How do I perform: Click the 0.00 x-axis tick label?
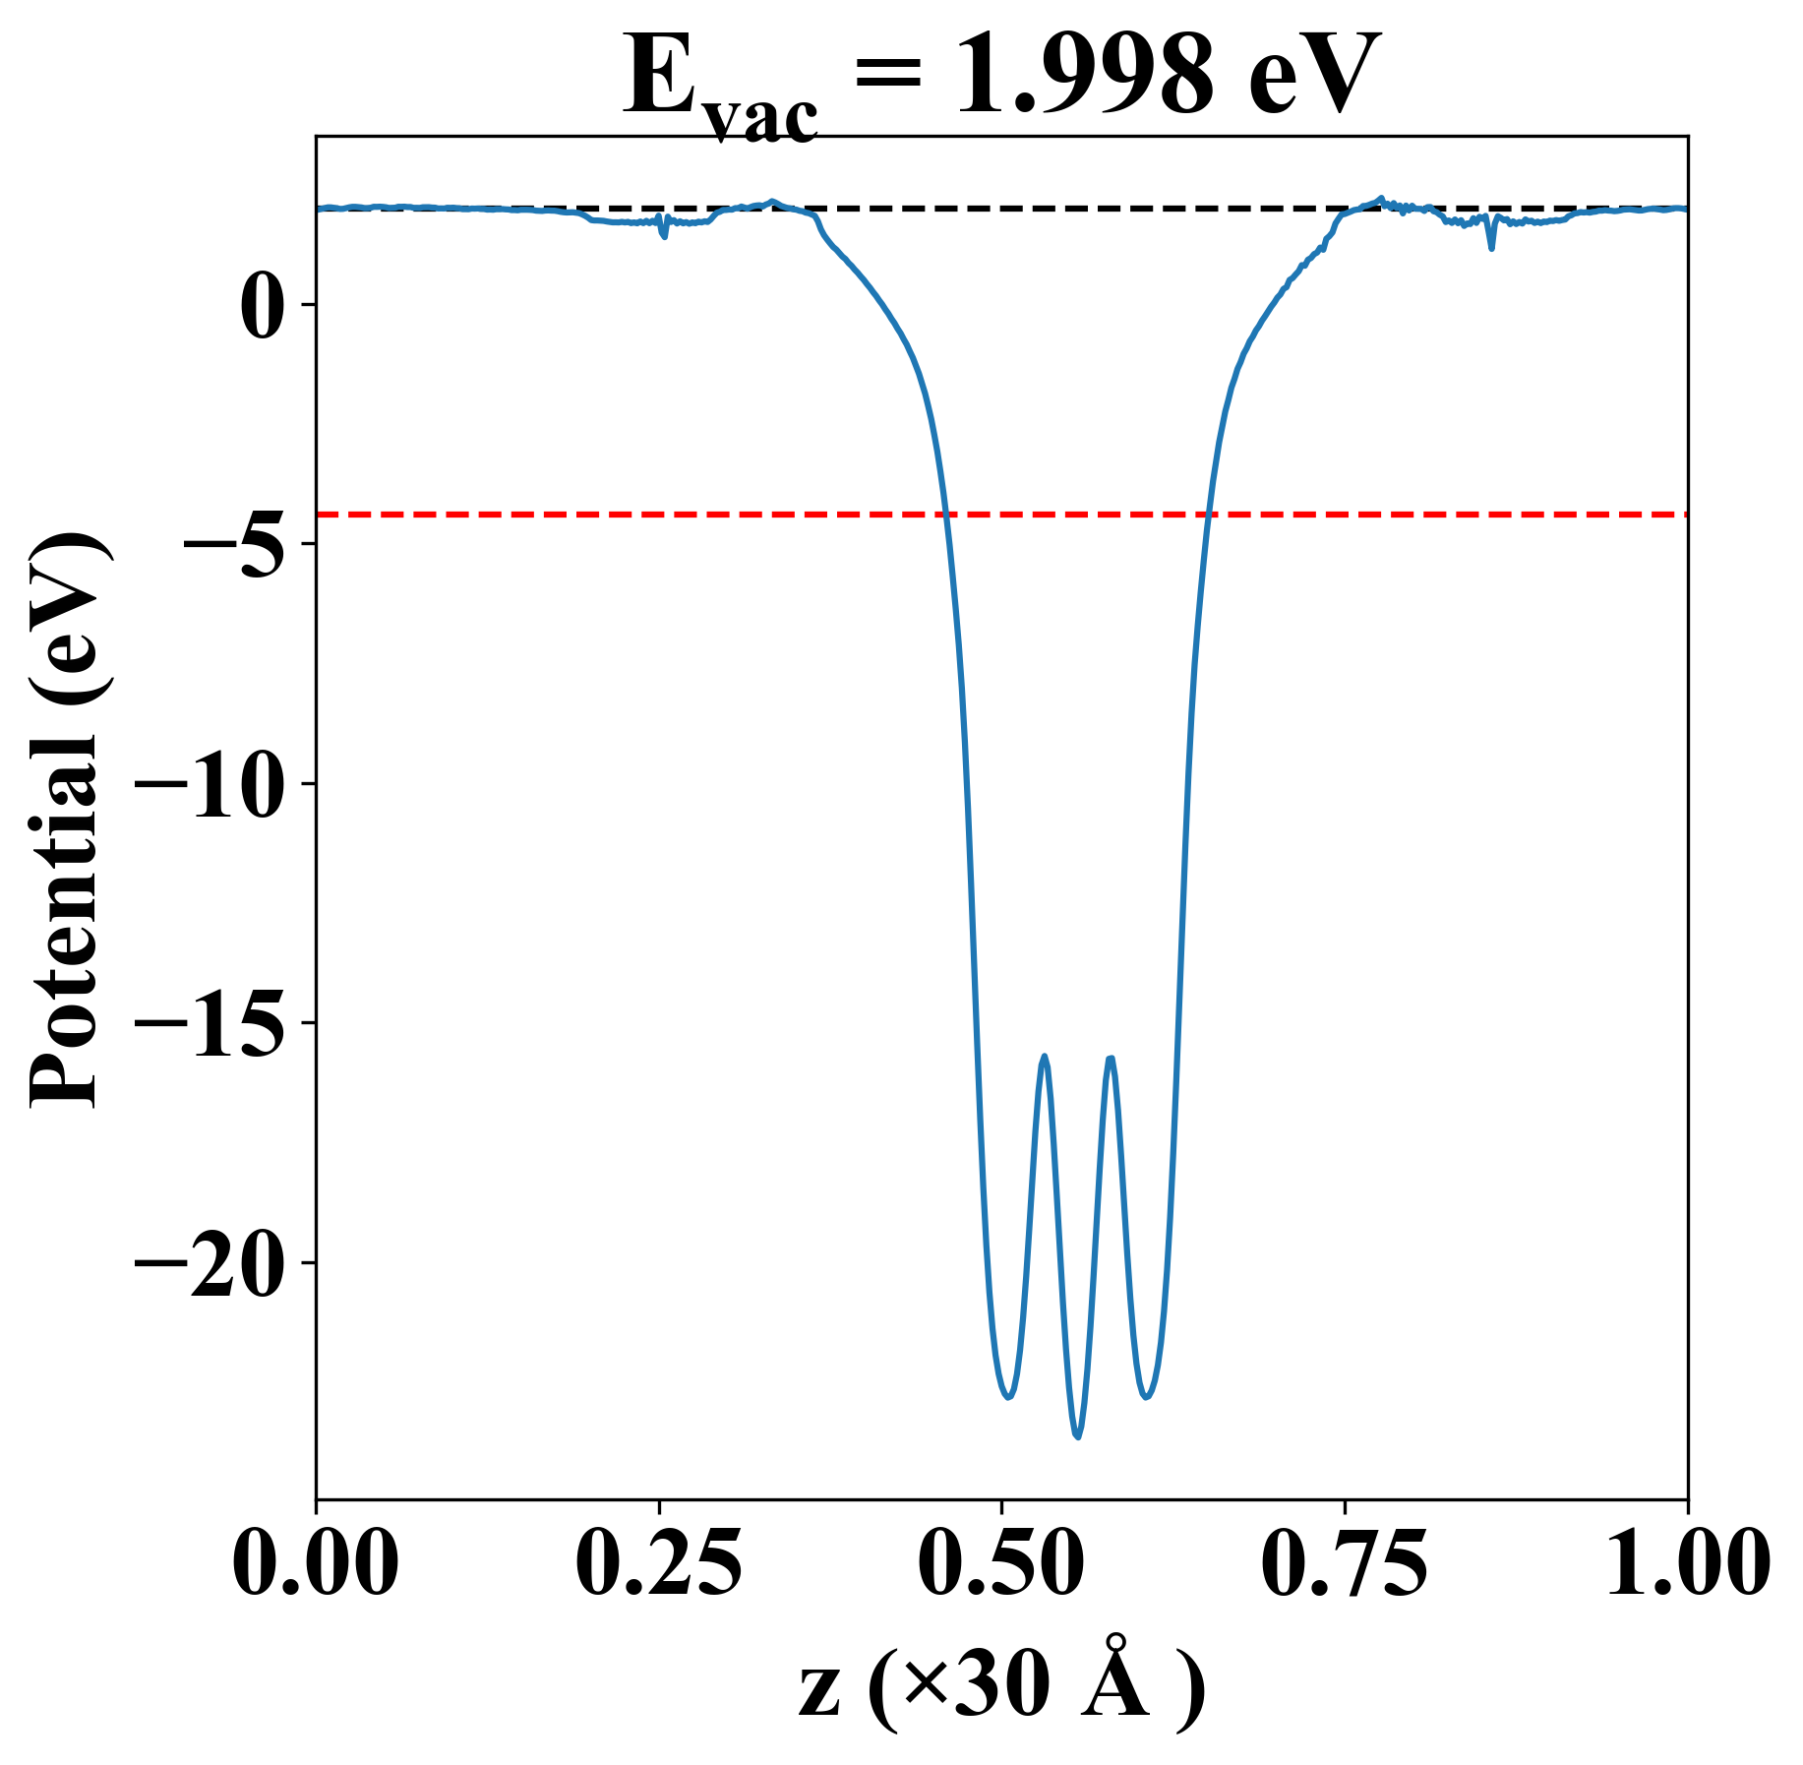(316, 1563)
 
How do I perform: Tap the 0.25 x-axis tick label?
(658, 1563)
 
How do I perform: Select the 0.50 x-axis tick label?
(1001, 1563)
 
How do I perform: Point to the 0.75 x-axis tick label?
(1344, 1563)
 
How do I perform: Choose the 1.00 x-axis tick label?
(1686, 1563)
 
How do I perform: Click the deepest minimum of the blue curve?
(1078, 1437)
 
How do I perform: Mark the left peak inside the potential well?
(1045, 1057)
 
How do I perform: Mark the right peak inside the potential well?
(1111, 1059)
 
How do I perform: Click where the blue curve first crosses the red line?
(945, 515)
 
